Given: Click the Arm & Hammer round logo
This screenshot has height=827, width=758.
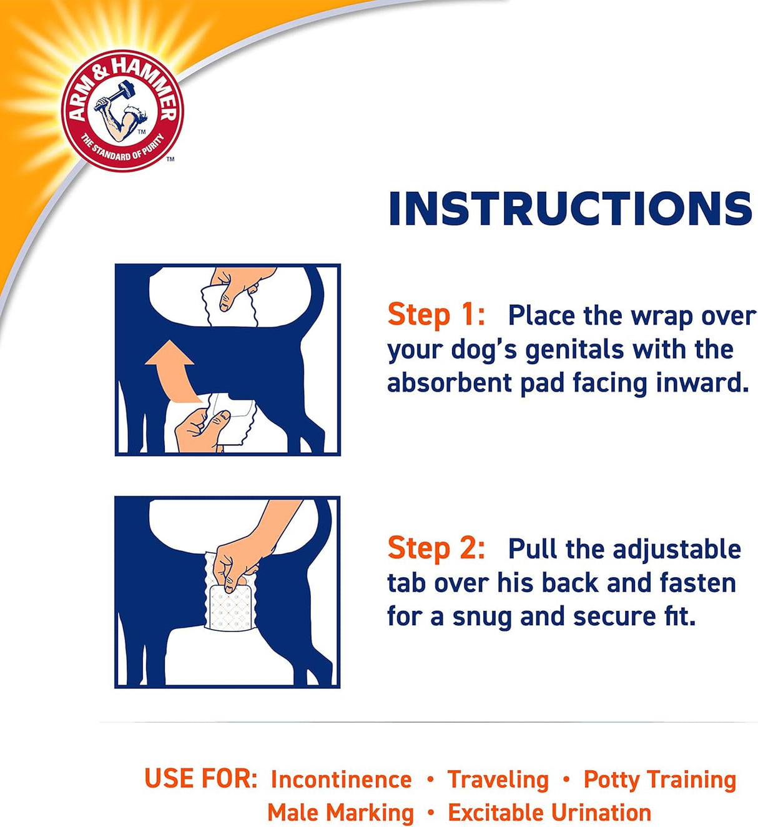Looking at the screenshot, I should click(x=122, y=111).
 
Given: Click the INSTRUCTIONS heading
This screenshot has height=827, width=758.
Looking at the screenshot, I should click(x=569, y=209).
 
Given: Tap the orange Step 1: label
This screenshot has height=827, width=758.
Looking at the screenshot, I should click(x=436, y=314).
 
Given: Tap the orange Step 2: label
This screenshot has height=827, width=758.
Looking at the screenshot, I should click(x=436, y=548).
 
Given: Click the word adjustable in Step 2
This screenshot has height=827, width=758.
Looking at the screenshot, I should click(x=677, y=549).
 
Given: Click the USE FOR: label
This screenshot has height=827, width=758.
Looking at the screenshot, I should click(x=200, y=779).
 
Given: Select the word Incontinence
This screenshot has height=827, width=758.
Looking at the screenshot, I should click(x=341, y=780).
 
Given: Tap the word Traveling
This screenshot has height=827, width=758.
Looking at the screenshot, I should click(x=498, y=780).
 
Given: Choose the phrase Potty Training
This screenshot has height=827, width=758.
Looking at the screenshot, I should click(x=659, y=780).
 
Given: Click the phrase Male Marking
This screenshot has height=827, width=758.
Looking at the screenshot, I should click(x=340, y=813).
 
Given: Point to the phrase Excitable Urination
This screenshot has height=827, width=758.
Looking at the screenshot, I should click(x=549, y=813).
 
